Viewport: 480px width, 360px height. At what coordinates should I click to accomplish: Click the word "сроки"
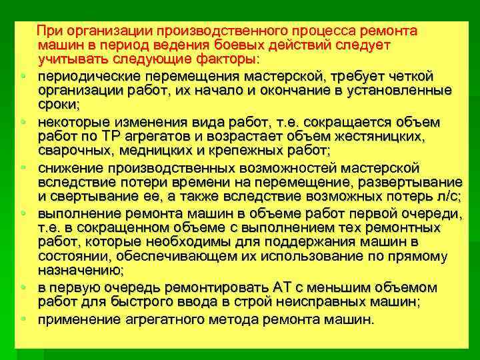coord(58,103)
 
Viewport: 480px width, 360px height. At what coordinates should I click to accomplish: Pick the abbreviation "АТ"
coord(283,287)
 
